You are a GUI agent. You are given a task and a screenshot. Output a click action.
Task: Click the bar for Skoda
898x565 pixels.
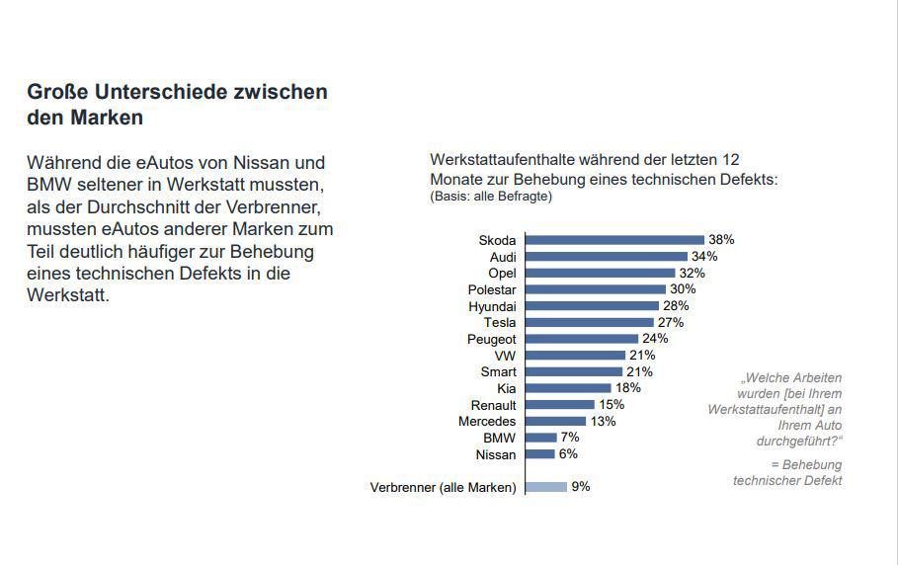[613, 240]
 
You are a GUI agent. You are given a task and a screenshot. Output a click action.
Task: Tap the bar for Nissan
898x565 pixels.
[539, 454]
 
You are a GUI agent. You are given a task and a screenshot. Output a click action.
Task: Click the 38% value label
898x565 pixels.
[721, 240]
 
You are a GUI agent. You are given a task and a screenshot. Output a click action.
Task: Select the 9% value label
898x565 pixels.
[581, 487]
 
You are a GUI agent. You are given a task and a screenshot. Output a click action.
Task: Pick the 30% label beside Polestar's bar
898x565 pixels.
[683, 289]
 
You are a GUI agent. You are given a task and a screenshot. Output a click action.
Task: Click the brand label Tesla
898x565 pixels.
[500, 323]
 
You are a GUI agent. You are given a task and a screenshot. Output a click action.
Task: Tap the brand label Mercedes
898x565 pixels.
[487, 422]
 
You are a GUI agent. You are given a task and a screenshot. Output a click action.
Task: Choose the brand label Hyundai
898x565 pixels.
[492, 306]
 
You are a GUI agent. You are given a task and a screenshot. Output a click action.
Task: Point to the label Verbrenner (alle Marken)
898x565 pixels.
[443, 488]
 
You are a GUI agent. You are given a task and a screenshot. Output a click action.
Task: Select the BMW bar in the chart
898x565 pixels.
[540, 438]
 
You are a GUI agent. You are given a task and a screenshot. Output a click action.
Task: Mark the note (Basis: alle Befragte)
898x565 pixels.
[491, 196]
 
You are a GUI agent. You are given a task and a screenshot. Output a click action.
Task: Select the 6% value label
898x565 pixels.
[568, 454]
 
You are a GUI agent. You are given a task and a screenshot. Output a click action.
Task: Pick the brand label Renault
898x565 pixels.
[492, 405]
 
